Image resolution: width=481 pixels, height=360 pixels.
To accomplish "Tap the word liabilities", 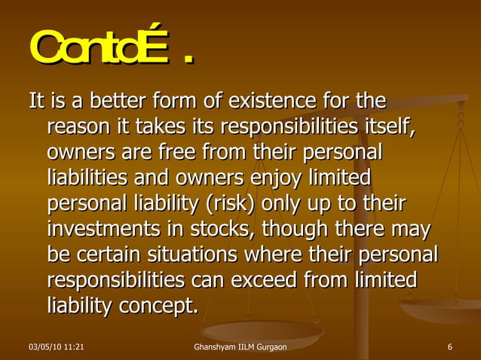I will [90, 178].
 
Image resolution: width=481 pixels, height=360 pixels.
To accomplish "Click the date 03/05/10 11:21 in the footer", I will [55, 347].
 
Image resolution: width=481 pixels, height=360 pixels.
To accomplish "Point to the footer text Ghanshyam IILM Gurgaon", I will [240, 347].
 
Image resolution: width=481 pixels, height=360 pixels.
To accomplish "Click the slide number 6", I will [449, 347].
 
